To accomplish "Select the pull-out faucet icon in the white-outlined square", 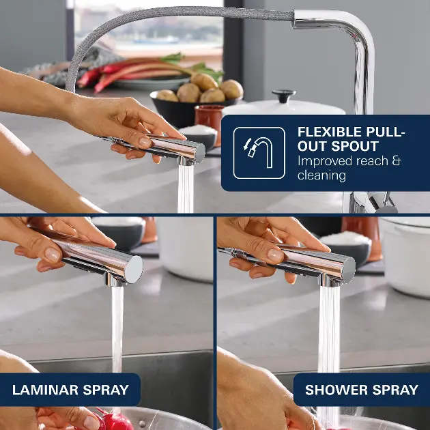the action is click(259, 152).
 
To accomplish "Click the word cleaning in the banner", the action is click(321, 175).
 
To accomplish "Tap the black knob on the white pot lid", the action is click(283, 96).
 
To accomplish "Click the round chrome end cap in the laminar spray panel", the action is click(134, 270).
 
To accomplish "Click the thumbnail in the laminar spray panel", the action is click(53, 254).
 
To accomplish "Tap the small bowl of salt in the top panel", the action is click(198, 137).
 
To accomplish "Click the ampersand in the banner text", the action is click(397, 161).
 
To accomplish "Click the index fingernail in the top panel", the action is click(145, 143).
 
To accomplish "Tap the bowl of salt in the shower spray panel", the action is click(345, 246).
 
